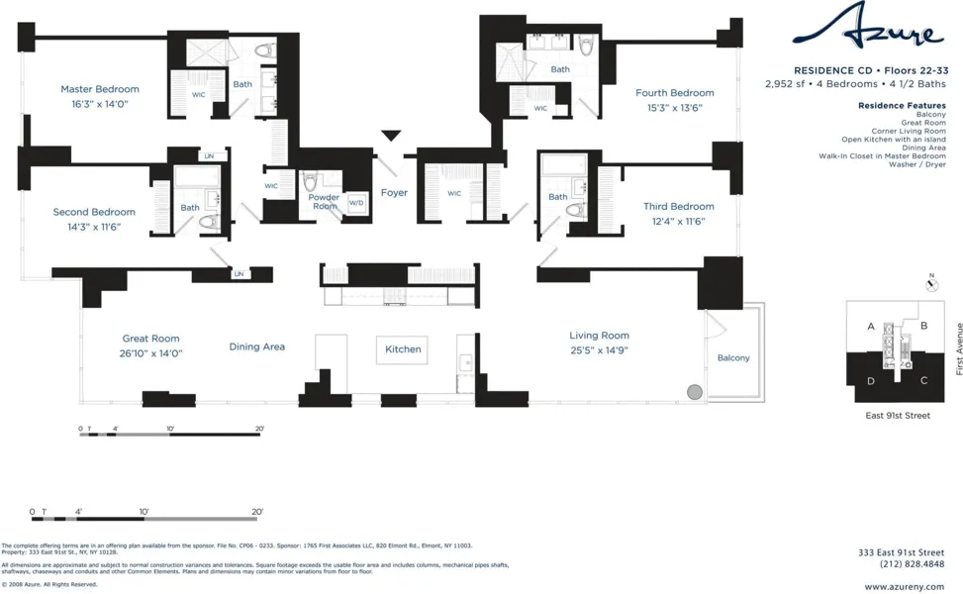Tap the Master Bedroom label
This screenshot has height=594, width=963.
[100, 89]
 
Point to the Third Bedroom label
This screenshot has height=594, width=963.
[678, 207]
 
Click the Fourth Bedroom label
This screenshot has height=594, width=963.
[674, 93]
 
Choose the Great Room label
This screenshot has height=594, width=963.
[150, 339]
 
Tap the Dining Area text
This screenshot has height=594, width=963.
[257, 346]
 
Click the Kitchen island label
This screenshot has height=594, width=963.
[403, 349]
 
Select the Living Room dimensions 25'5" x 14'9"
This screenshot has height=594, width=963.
[599, 350]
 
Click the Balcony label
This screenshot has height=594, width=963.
[733, 358]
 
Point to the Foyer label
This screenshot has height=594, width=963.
[394, 193]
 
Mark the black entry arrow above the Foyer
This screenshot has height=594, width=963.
[391, 136]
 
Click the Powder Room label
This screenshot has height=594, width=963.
[324, 202]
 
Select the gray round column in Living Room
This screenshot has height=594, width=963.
[695, 392]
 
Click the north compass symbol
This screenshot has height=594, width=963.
[931, 284]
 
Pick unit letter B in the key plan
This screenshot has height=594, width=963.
[923, 326]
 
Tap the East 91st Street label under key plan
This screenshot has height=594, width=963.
[898, 416]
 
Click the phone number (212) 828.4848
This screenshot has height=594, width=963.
[912, 564]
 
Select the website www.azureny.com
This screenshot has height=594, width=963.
[904, 587]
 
